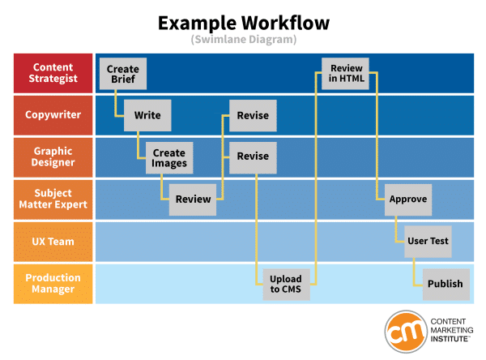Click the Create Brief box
click(x=122, y=74)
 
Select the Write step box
click(x=147, y=115)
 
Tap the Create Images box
click(x=169, y=157)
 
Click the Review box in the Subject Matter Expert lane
click(x=193, y=199)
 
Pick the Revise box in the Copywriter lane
click(x=253, y=115)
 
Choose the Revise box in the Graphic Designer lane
click(x=253, y=157)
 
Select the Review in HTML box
click(x=346, y=74)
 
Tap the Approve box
click(x=407, y=199)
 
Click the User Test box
click(x=427, y=241)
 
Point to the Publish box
click(x=445, y=284)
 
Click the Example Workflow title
click(x=243, y=22)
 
